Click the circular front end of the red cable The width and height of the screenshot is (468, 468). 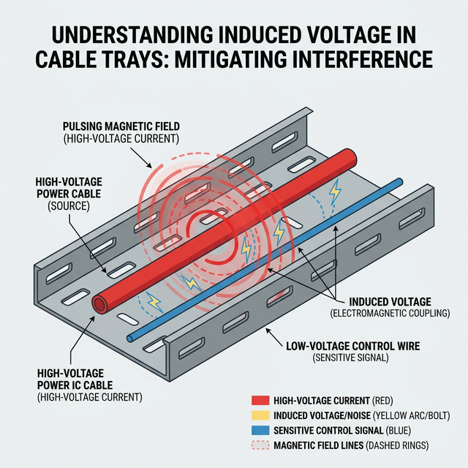pyautogui.click(x=97, y=304)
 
